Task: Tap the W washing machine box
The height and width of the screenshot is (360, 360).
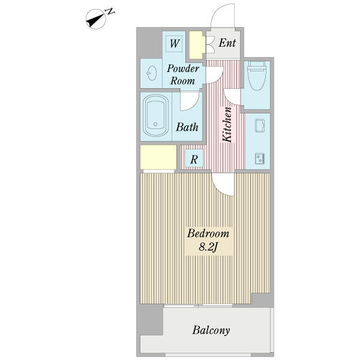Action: click(x=175, y=43)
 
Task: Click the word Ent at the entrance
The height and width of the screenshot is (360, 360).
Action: click(x=227, y=43)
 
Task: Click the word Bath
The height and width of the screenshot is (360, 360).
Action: click(x=187, y=127)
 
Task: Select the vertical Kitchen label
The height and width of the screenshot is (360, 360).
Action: click(x=227, y=125)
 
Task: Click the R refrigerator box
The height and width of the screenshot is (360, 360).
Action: click(x=194, y=159)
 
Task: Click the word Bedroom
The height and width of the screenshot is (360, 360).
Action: click(x=208, y=233)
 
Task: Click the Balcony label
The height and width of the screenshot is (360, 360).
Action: click(x=211, y=330)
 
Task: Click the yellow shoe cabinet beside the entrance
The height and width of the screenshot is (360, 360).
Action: click(x=196, y=44)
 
